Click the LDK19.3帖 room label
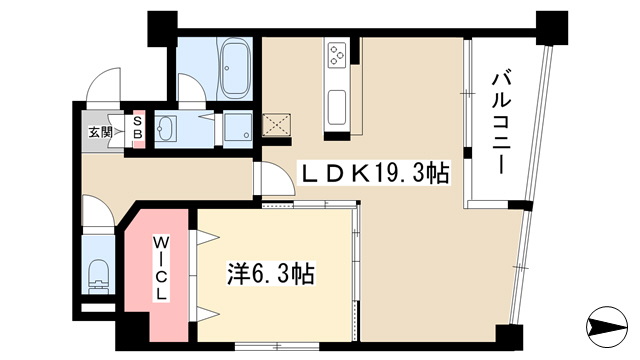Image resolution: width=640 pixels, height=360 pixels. click(375, 174)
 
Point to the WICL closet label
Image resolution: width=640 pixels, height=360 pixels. click(161, 268)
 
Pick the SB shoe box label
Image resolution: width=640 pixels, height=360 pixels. click(138, 127)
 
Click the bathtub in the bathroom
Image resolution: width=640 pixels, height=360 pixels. click(234, 69)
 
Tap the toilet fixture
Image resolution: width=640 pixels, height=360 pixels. click(98, 277)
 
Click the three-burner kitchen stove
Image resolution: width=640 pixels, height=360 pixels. click(338, 56)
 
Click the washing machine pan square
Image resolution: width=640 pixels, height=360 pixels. click(238, 127)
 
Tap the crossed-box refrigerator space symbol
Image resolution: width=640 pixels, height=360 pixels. click(276, 125)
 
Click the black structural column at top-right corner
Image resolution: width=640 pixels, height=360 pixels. click(552, 28)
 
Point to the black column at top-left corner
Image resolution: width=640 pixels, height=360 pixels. click(162, 29)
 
